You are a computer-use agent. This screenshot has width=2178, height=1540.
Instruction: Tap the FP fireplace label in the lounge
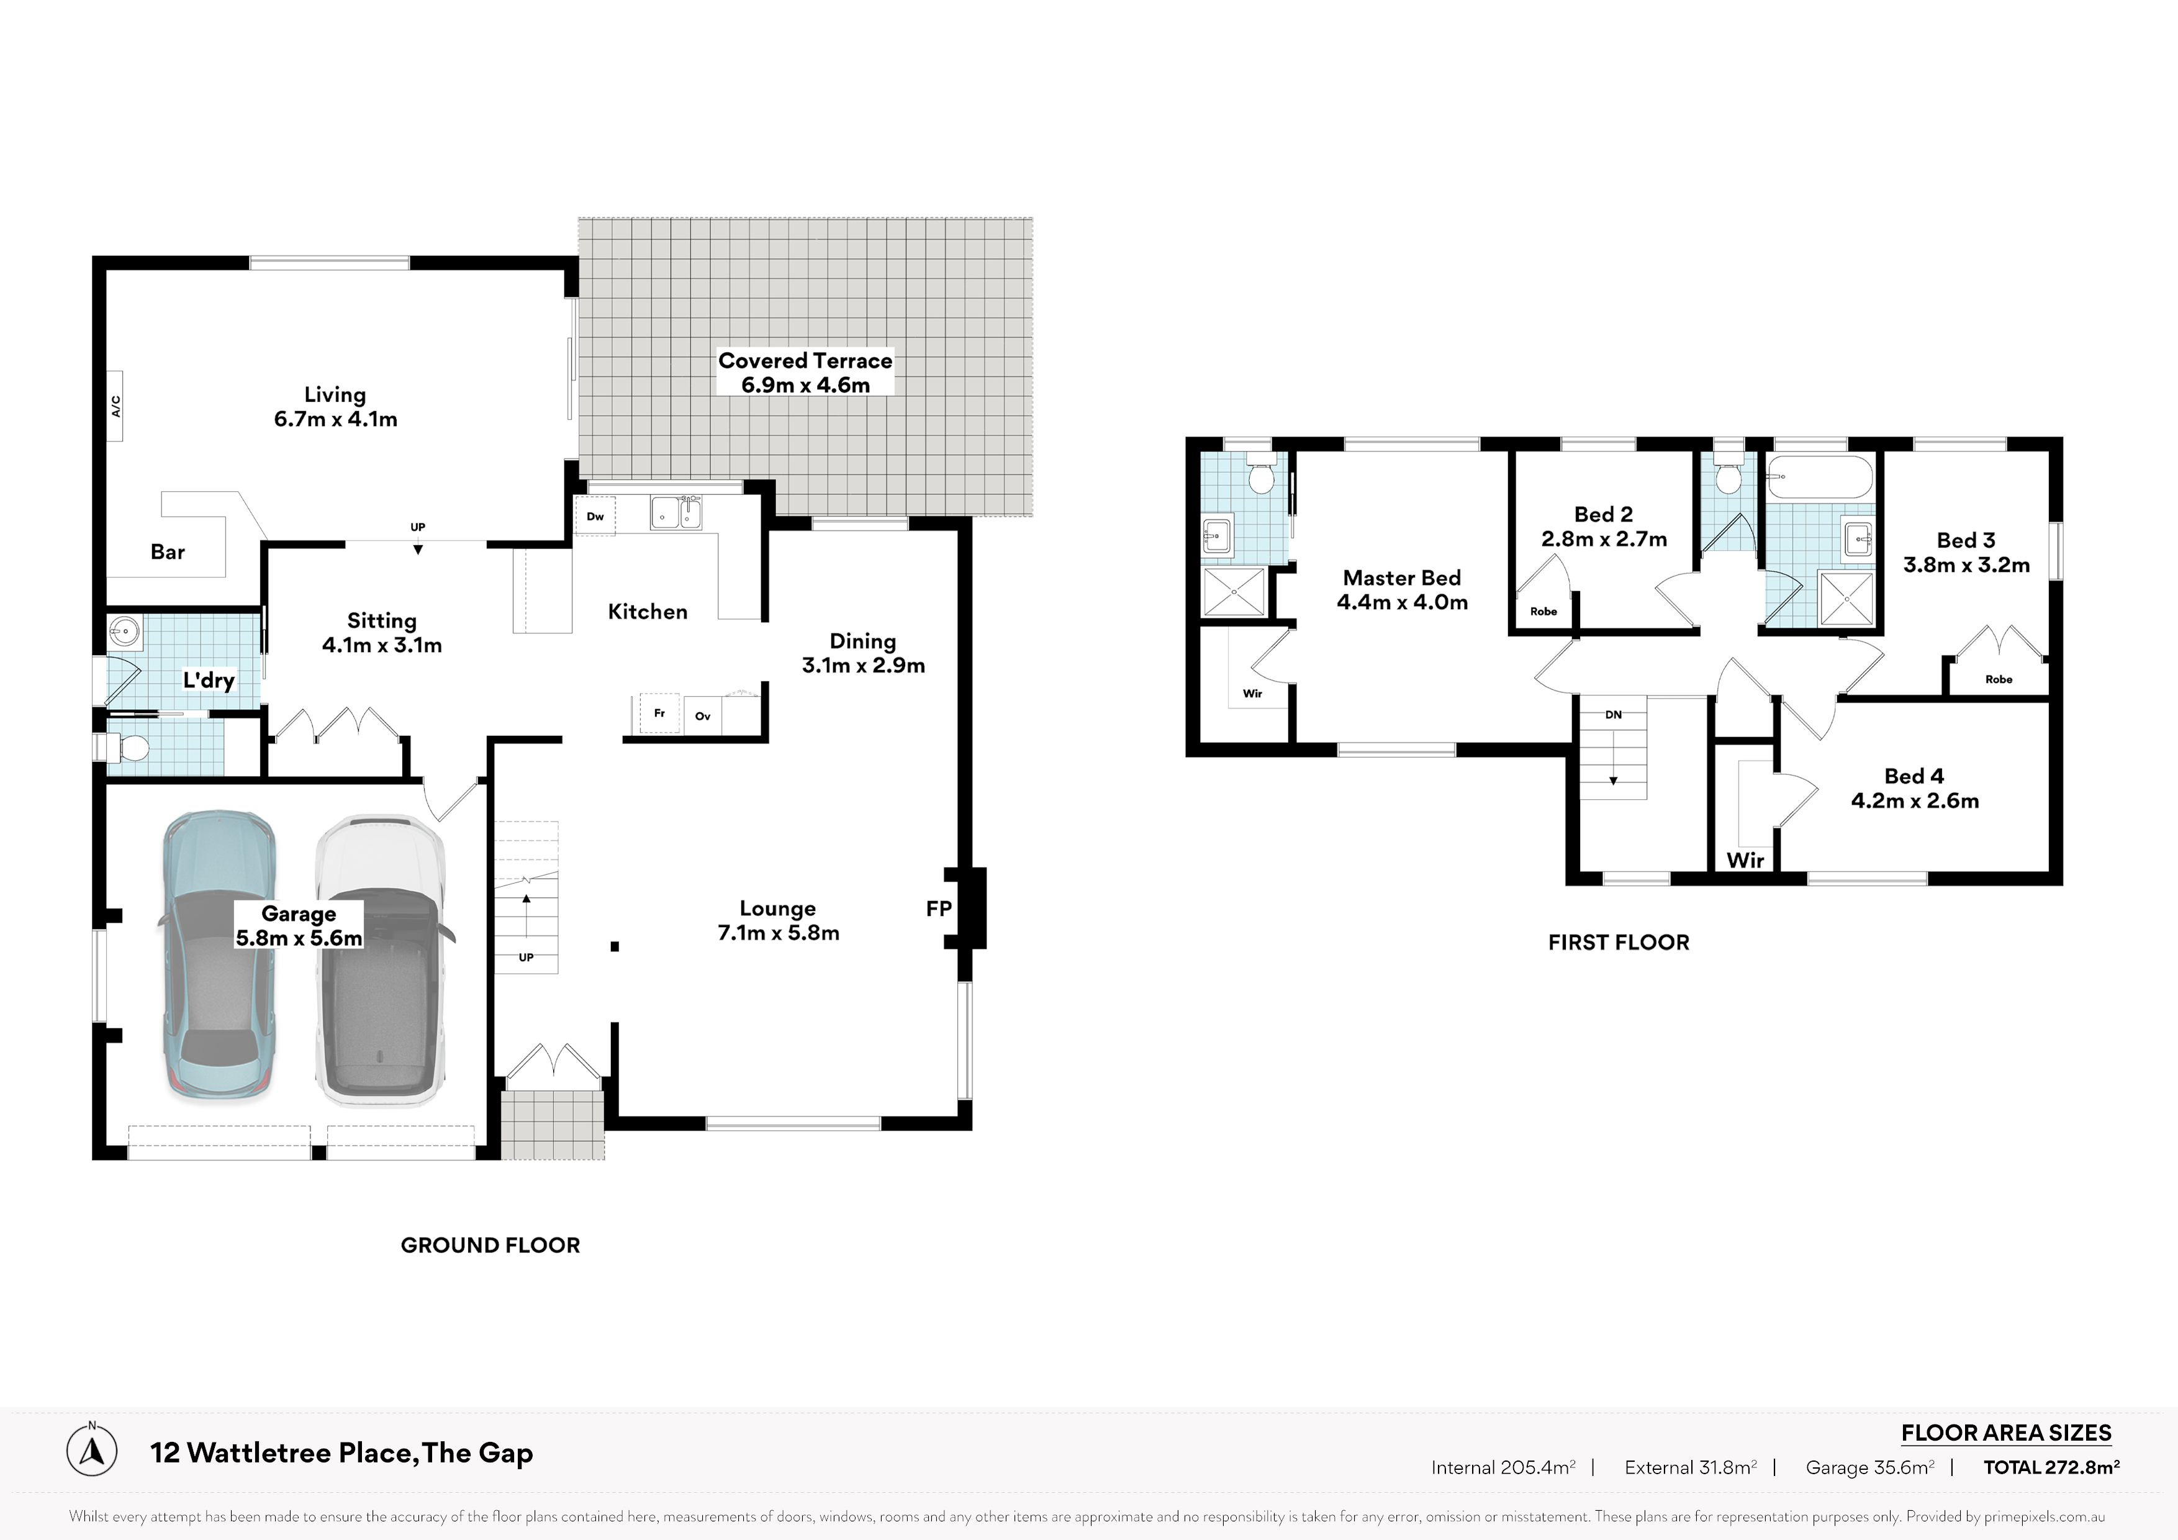(938, 909)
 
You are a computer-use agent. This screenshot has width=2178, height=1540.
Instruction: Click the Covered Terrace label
(805, 361)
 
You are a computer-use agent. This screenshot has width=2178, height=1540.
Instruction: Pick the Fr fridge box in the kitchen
(659, 713)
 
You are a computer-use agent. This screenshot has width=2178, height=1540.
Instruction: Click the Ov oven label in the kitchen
(703, 717)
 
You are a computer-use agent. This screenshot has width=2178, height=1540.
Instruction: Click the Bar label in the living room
(168, 552)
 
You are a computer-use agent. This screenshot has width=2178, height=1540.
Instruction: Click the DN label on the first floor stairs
(1614, 715)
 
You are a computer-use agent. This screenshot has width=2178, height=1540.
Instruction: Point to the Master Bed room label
(1402, 578)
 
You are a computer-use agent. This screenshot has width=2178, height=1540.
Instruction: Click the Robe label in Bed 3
(1999, 679)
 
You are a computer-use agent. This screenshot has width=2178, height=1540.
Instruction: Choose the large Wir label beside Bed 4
(1745, 861)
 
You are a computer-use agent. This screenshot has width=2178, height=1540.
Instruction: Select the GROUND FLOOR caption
(490, 1245)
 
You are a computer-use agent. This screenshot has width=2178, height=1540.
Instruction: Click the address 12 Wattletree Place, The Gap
(341, 1452)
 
